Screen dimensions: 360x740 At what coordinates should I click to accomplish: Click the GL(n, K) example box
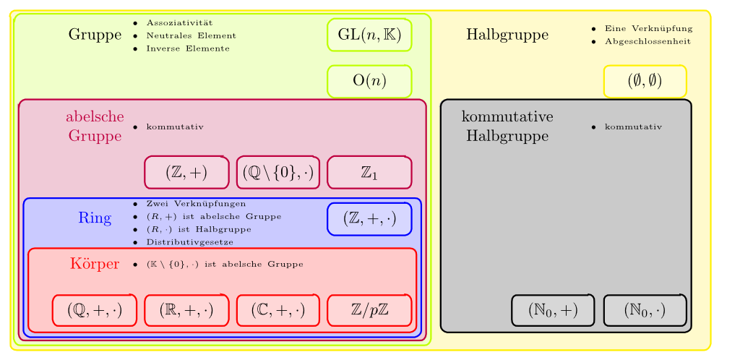coord(369,35)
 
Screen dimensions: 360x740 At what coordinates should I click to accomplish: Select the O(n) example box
coord(369,80)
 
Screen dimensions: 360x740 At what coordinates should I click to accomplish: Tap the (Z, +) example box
coord(186,172)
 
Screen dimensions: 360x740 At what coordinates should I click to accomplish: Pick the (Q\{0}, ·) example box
coord(278,172)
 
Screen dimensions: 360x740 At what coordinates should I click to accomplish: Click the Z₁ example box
coord(369,172)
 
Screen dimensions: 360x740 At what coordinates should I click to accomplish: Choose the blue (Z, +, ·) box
coord(369,218)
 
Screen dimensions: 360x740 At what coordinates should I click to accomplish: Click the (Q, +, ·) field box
coord(95,310)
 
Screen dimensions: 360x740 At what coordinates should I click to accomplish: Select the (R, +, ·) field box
coord(186,310)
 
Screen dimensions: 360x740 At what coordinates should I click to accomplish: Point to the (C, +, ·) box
coord(278,310)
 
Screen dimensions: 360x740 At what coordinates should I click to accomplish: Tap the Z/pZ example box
coord(369,310)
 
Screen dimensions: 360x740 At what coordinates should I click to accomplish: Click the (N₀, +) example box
coord(553,310)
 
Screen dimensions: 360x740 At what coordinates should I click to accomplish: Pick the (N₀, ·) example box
coord(645,310)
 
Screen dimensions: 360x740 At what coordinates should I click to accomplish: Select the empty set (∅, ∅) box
coord(645,80)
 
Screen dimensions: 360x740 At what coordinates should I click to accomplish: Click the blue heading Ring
coord(95,218)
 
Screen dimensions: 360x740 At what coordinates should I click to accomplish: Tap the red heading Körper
coord(95,263)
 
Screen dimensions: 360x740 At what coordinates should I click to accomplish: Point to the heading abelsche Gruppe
coord(95,126)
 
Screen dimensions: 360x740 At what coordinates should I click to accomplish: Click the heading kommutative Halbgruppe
coord(507,126)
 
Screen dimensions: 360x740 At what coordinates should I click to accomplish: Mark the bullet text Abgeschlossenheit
coord(647,41)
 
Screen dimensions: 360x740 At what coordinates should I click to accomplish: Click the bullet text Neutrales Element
coord(191,35)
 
